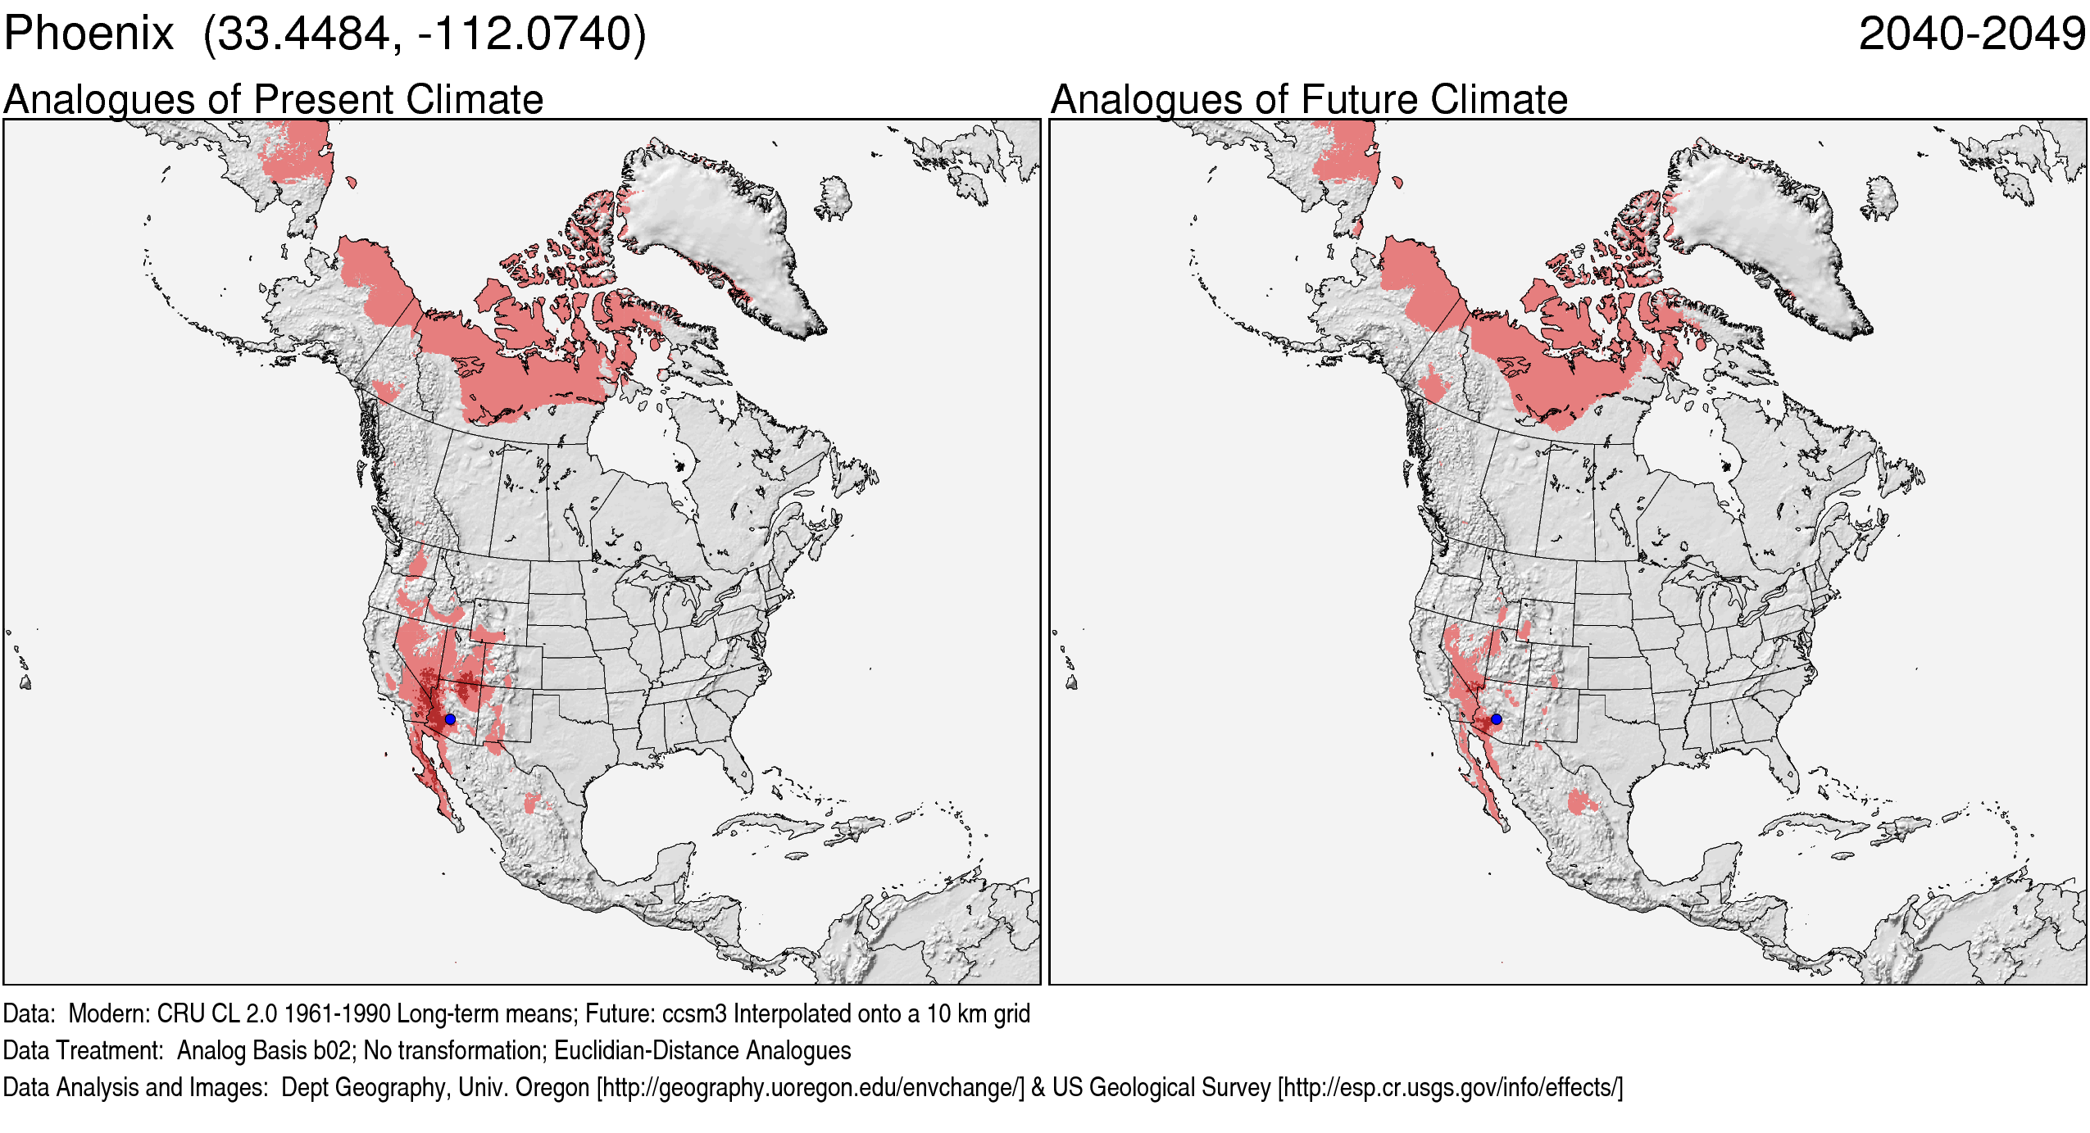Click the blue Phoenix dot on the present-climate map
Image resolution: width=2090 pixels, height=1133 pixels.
[x=450, y=719]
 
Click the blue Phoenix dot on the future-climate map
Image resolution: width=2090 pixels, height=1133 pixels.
[x=1497, y=719]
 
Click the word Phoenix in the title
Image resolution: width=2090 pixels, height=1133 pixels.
[x=89, y=34]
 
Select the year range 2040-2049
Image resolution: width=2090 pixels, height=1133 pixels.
[x=1971, y=34]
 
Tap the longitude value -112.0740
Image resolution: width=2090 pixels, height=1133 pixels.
[x=525, y=34]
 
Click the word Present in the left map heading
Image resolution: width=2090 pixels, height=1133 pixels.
[x=325, y=100]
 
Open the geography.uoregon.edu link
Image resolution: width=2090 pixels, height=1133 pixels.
[x=811, y=1088]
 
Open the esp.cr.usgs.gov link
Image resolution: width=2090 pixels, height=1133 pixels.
[x=1450, y=1088]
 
